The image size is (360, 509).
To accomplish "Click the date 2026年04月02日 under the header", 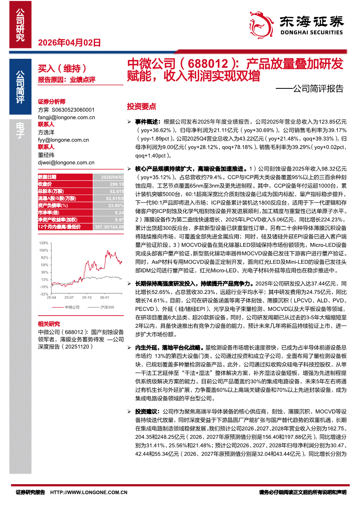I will pyautogui.click(x=70, y=43).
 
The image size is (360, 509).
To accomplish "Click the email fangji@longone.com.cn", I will pyautogui.click(x=67, y=117).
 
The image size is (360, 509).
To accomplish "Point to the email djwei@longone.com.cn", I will pyautogui.click(x=66, y=162).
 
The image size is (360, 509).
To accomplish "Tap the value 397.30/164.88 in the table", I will pyautogui.click(x=109, y=227).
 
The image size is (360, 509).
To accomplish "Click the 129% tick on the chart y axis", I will pyautogui.click(x=44, y=243).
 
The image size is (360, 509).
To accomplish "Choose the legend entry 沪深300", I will pyautogui.click(x=107, y=308).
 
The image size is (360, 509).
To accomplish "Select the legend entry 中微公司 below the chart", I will pyautogui.click(x=73, y=308).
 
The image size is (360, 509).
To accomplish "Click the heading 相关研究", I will pyautogui.click(x=49, y=324).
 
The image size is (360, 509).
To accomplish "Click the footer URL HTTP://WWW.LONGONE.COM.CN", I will pyautogui.click(x=89, y=492).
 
